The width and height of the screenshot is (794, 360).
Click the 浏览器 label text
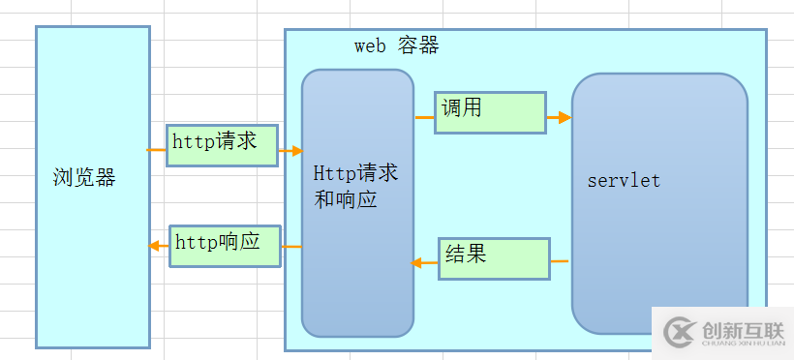tap(84, 178)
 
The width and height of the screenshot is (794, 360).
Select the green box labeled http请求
tap(222, 145)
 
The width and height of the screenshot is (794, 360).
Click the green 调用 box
tap(490, 112)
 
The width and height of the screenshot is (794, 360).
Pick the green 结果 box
tap(495, 258)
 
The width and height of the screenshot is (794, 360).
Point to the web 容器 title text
tap(396, 45)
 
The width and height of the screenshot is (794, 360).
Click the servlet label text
tap(624, 180)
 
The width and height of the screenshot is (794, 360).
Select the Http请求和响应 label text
tap(355, 187)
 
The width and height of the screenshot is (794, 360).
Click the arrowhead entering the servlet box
tap(565, 117)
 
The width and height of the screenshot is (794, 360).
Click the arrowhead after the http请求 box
tap(295, 150)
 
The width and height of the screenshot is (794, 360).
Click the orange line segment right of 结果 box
tap(560, 261)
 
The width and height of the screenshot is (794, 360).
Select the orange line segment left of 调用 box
tap(424, 117)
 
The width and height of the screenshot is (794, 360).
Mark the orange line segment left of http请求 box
tap(156, 150)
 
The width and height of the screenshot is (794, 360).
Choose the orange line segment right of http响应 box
tap(292, 247)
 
